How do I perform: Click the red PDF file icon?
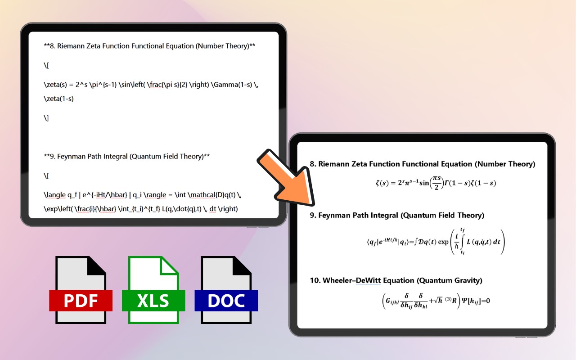coord(81,290)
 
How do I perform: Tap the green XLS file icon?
coord(153,290)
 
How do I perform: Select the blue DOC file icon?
coord(226,290)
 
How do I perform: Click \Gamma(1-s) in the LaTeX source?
coord(231,85)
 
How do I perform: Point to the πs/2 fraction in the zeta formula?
coord(436,183)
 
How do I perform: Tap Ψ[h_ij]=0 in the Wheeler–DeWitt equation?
coord(476,301)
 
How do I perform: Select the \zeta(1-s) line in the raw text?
coord(58,99)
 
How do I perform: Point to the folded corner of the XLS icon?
coord(169,265)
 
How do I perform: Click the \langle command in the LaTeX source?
coord(55,195)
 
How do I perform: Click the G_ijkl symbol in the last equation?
coord(392,301)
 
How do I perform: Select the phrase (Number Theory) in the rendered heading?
coord(505,164)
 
